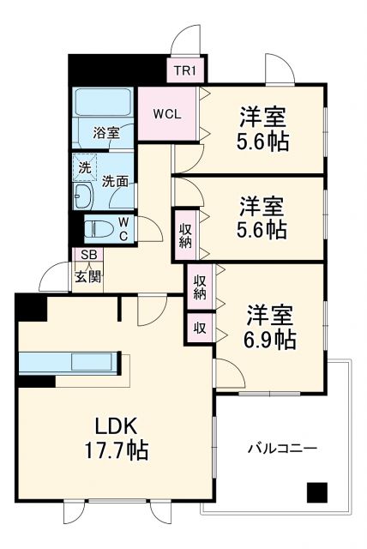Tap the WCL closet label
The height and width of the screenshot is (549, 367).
coord(168,114)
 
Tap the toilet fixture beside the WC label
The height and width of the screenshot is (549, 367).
coord(102,230)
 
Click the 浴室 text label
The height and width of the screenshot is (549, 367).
coord(106,134)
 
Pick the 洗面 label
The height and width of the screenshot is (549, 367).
coord(116,181)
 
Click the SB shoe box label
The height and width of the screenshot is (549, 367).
coord(87,255)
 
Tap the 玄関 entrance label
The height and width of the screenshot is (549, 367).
coord(87,276)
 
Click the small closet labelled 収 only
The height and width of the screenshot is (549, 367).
coord(199,328)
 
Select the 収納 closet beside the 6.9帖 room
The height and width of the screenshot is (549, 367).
coord(200,287)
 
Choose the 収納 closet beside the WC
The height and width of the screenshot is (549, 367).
coord(185,233)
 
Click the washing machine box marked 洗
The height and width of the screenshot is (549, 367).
coord(84,168)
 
